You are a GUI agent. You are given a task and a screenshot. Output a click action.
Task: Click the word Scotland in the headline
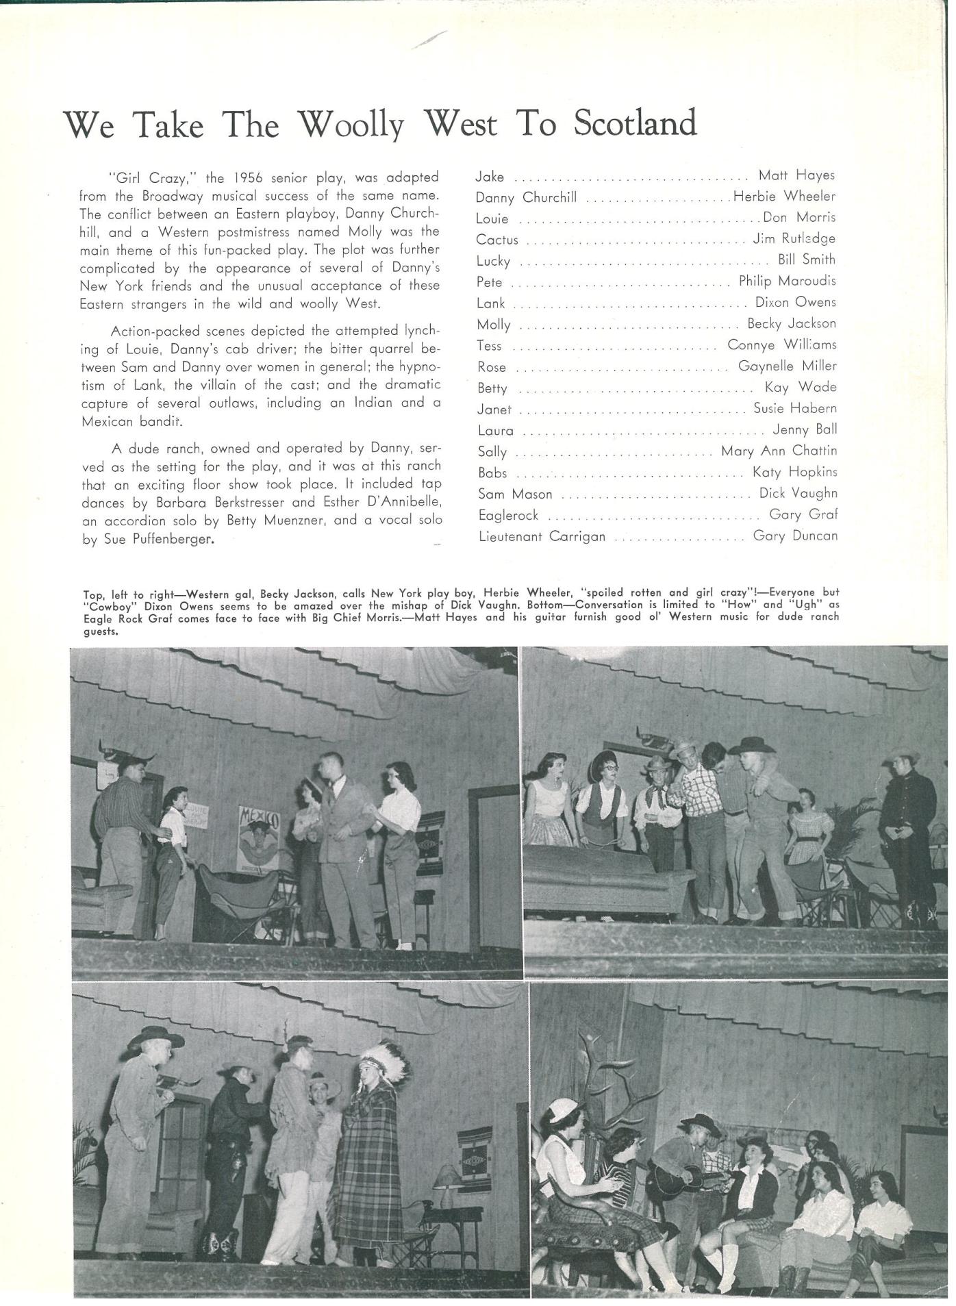tap(634, 123)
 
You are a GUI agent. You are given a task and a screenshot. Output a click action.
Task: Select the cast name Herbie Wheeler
tap(784, 197)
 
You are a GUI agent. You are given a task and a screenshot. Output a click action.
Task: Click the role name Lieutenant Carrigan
tap(542, 536)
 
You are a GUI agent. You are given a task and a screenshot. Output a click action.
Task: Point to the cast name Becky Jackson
tap(791, 323)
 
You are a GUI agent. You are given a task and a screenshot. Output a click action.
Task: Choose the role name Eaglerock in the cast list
tap(508, 515)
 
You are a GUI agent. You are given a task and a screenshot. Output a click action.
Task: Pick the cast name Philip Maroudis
tap(787, 281)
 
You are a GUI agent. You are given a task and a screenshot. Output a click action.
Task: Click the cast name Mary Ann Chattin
tap(779, 451)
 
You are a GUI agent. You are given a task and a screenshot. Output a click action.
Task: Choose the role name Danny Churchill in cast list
tap(526, 198)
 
